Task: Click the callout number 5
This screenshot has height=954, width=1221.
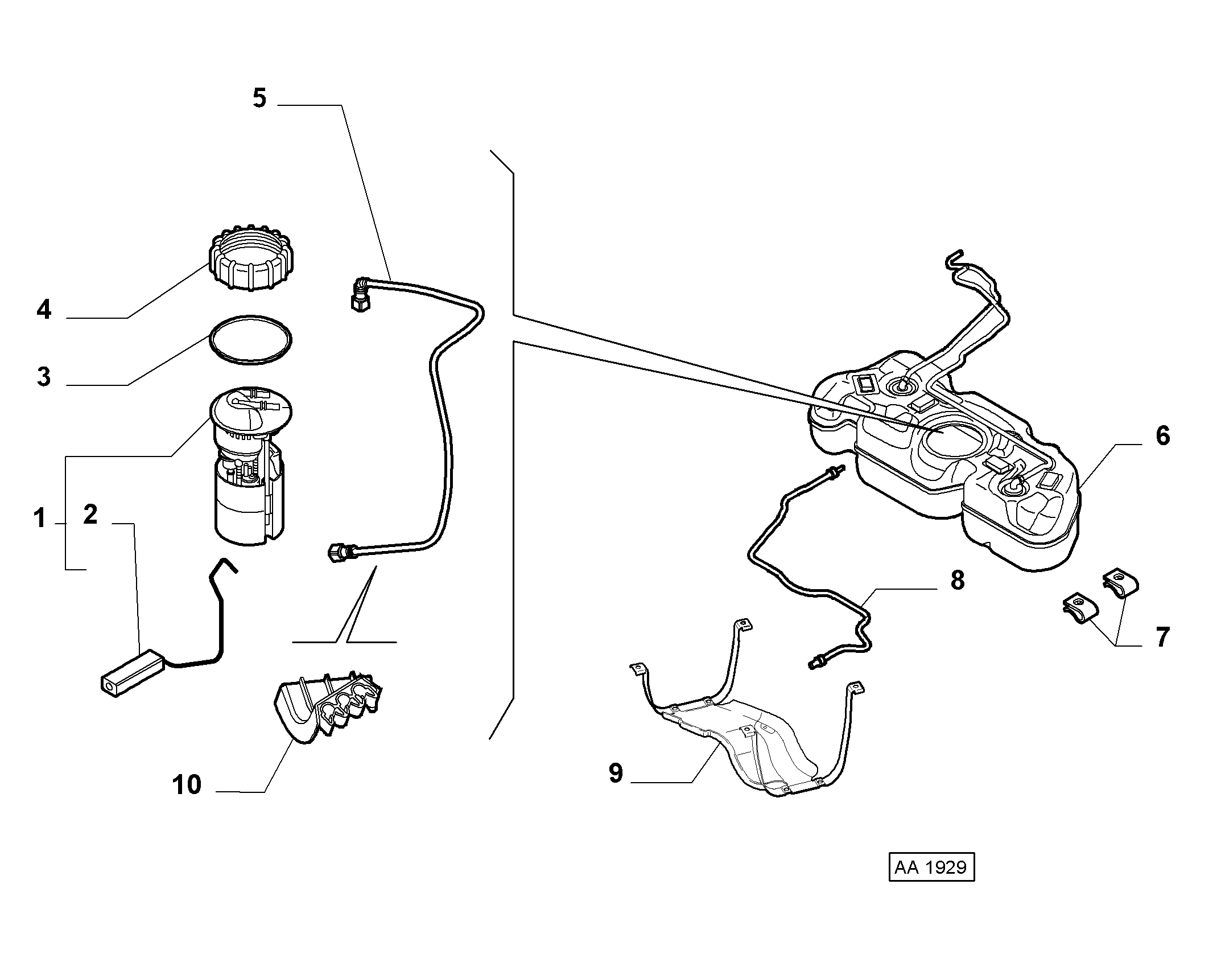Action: coord(259,98)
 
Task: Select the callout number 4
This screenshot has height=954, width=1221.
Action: coord(44,310)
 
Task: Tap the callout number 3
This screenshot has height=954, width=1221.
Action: coord(44,377)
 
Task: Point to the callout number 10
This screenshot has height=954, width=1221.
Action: coord(187,785)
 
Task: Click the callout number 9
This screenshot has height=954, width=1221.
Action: coord(616,773)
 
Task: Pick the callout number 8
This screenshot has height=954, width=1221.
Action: coord(958,581)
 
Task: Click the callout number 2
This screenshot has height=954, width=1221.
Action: coord(90,515)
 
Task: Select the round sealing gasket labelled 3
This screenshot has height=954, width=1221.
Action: coord(250,340)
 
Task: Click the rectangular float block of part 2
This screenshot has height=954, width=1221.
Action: coord(133,673)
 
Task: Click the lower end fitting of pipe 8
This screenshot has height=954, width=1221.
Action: coord(817,662)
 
